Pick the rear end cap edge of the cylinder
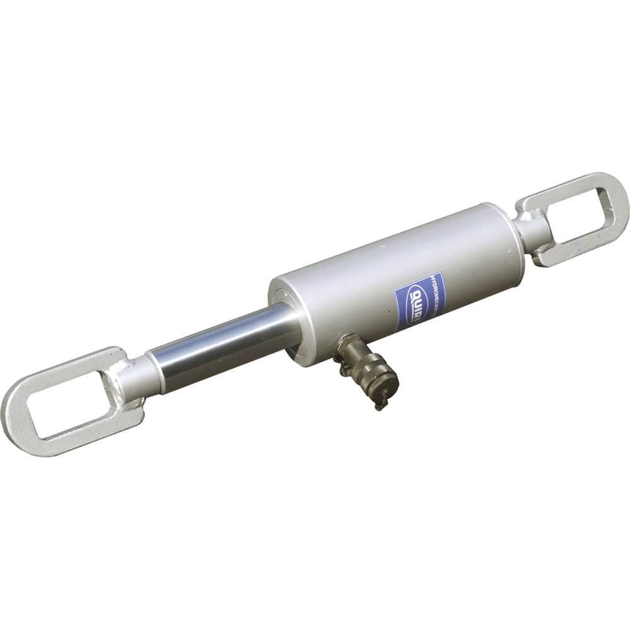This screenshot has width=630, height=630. click(510, 239)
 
